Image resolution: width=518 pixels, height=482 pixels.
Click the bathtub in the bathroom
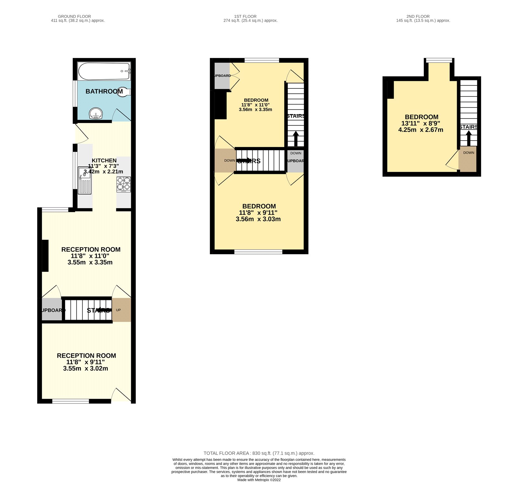pos(104,71)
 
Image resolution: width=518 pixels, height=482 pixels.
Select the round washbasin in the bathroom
pos(96,114)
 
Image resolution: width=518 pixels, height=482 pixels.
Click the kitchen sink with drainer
pos(84,181)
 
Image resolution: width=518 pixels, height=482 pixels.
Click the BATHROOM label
pos(104,91)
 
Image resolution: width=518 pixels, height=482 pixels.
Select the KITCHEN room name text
pos(104,160)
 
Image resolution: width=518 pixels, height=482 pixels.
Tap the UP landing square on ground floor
pos(121,310)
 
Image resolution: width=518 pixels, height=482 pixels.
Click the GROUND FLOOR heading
pos(74,16)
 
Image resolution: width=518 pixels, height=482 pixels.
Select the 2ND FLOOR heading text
pos(418,16)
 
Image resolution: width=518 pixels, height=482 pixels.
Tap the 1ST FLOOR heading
pos(245,16)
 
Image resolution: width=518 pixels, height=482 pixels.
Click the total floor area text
pos(259,453)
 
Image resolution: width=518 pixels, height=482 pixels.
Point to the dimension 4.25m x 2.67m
pos(421,130)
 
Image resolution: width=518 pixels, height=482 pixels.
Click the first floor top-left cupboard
pos(222,76)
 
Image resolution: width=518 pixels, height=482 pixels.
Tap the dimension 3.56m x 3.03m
pos(258,219)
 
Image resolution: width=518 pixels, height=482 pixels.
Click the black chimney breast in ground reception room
pos(45,256)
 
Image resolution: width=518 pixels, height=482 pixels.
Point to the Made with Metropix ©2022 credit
pos(259,480)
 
